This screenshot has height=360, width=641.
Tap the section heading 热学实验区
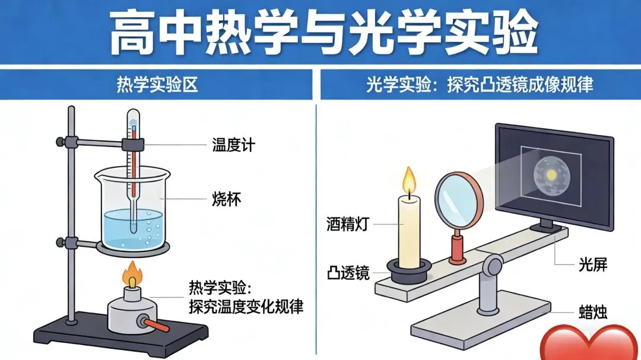click(x=157, y=85)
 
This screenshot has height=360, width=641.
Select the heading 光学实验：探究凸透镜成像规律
click(x=480, y=85)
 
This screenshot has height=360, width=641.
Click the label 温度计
click(x=233, y=144)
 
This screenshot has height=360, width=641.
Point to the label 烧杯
click(x=226, y=198)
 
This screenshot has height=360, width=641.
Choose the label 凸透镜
click(x=348, y=273)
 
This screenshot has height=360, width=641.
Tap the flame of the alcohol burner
click(x=132, y=276)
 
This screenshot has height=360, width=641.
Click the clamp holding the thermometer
click(x=134, y=144)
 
